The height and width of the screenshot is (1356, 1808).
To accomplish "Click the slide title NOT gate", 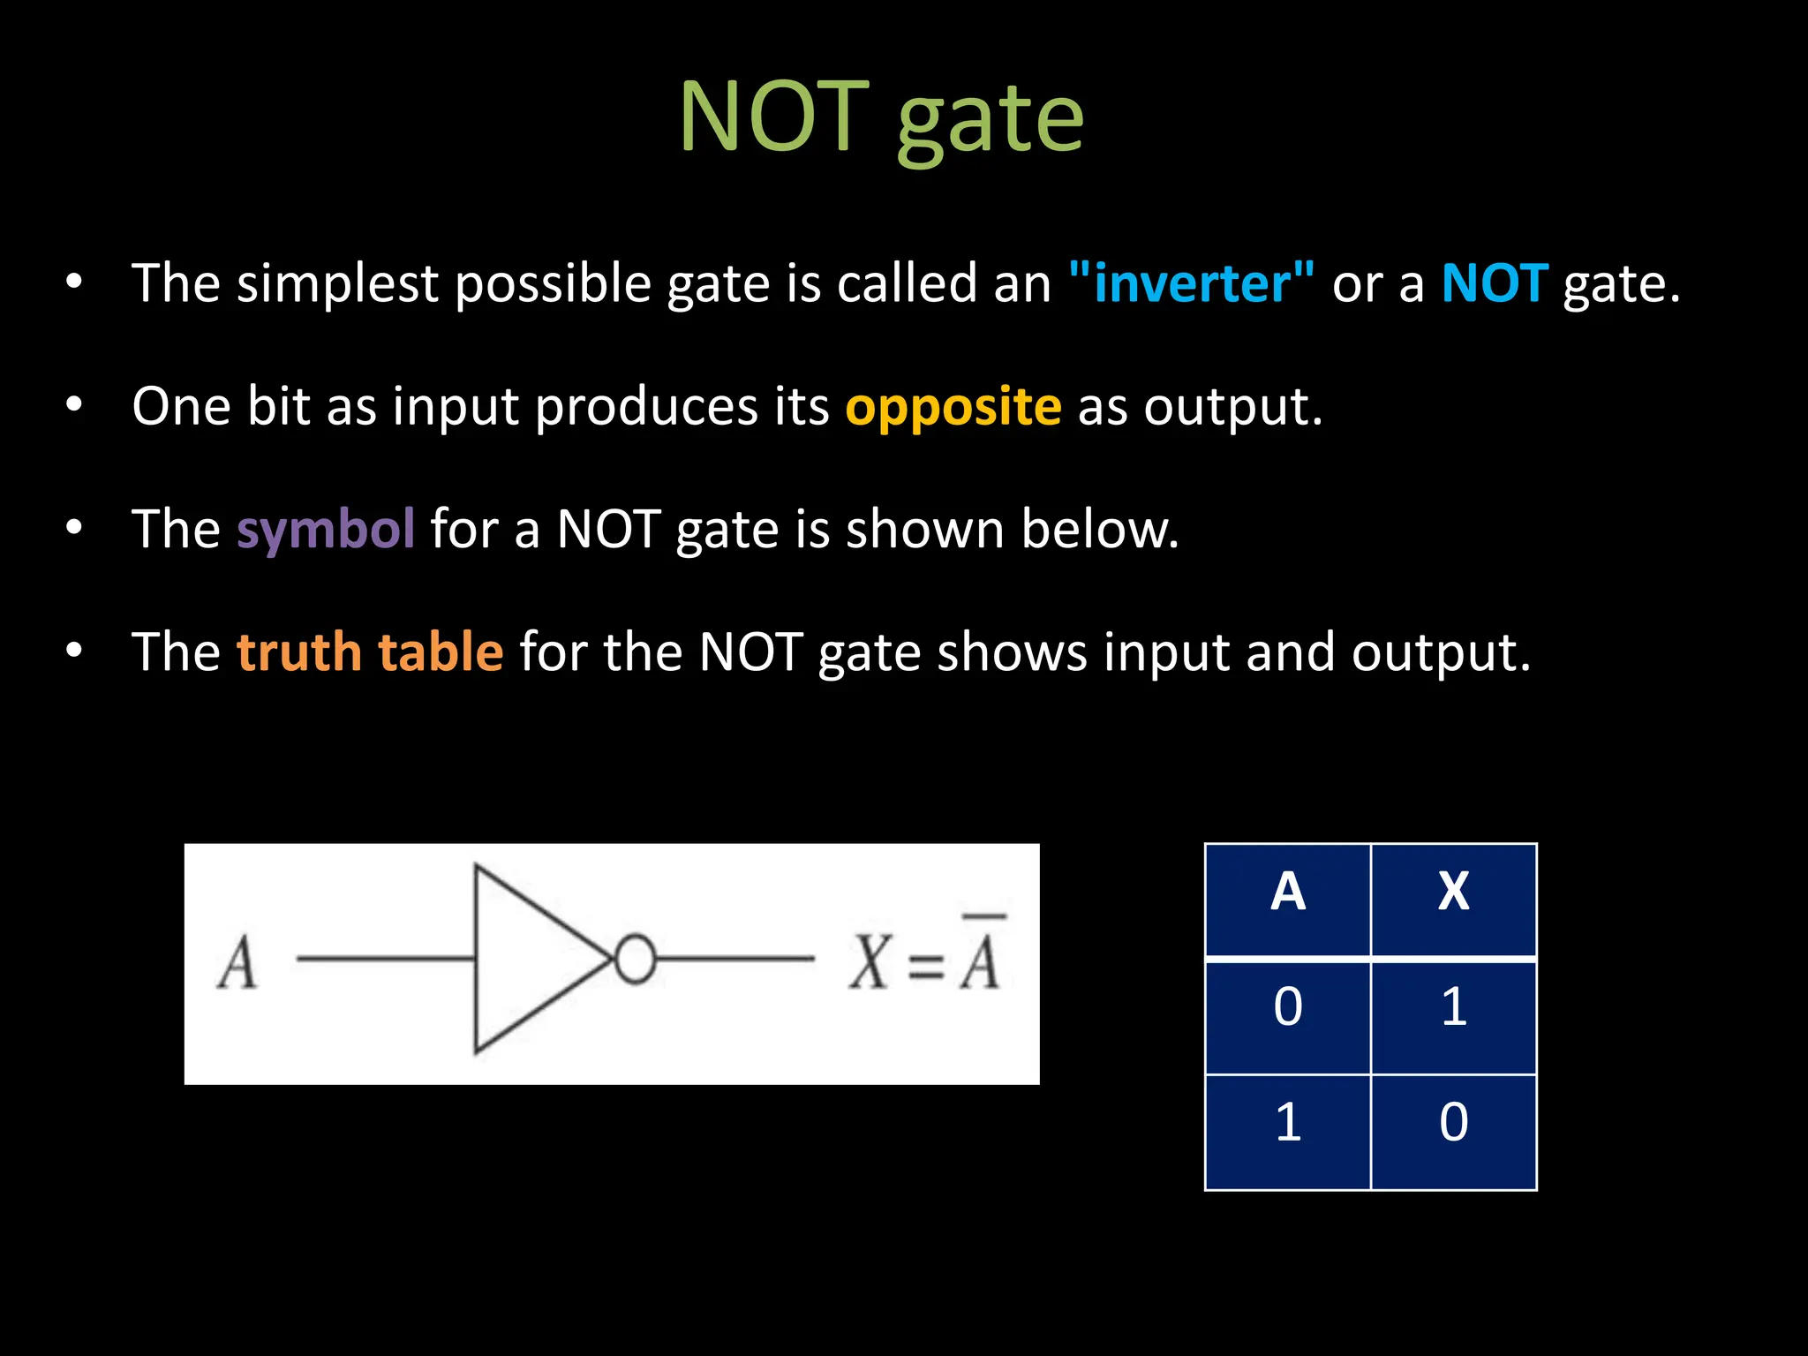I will pyautogui.click(x=881, y=118).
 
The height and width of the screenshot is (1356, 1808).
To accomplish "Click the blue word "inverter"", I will pyautogui.click(x=1191, y=284).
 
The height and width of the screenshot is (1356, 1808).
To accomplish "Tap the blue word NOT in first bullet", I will pyautogui.click(x=1494, y=284).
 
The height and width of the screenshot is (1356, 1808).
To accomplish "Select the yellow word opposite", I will pyautogui.click(x=953, y=408).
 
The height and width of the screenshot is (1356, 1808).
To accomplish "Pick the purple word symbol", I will pyautogui.click(x=325, y=530).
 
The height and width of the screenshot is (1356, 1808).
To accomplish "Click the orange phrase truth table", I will pyautogui.click(x=370, y=652).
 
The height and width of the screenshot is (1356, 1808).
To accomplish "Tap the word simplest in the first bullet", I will pyautogui.click(x=337, y=284).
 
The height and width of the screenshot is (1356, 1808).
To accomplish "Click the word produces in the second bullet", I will pyautogui.click(x=646, y=408).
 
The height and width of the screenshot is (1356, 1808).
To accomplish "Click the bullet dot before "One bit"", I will pyautogui.click(x=74, y=405).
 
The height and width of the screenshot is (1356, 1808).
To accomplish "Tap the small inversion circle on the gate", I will pyautogui.click(x=635, y=959).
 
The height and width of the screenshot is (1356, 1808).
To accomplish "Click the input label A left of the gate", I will pyautogui.click(x=237, y=963).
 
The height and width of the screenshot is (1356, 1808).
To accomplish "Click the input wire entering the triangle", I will pyautogui.click(x=385, y=959).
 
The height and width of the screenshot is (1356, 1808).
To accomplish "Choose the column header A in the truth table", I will pyautogui.click(x=1287, y=892).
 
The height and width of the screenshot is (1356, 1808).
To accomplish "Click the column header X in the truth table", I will pyautogui.click(x=1453, y=892).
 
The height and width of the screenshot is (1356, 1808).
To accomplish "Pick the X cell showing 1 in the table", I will pyautogui.click(x=1453, y=1007).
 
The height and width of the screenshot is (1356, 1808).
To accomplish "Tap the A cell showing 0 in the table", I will pyautogui.click(x=1287, y=1007).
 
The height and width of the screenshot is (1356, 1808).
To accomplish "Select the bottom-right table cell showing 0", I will pyautogui.click(x=1453, y=1123).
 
